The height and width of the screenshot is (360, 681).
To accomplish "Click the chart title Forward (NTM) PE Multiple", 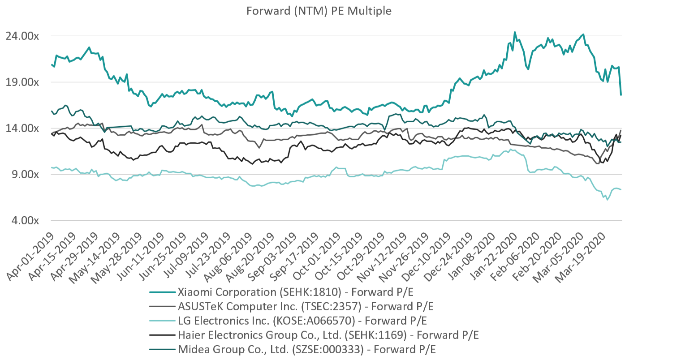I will [x=319, y=11].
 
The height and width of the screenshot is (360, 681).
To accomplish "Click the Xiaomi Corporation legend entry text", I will [x=295, y=292].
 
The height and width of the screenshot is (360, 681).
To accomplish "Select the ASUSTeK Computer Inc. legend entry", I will [x=306, y=307].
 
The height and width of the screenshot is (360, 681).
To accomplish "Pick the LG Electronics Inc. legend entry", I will [x=302, y=321].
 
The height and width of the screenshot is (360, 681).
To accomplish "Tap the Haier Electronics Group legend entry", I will [x=328, y=335].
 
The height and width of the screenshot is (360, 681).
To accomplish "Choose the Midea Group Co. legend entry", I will [x=306, y=350].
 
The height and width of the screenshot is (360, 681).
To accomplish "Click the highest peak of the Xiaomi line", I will [x=515, y=32].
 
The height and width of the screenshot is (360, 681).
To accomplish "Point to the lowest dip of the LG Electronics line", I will [x=608, y=200].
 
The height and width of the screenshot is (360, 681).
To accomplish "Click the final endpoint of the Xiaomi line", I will [x=621, y=95].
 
